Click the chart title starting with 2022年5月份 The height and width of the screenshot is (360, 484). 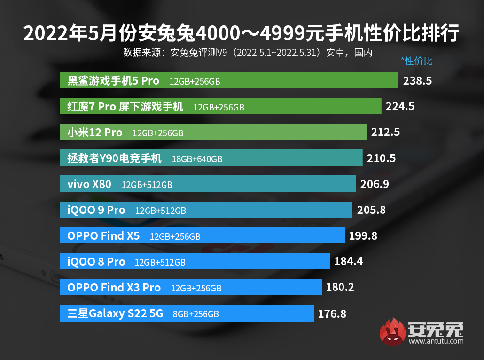[x=242, y=34]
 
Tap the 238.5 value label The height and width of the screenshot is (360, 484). [x=417, y=81]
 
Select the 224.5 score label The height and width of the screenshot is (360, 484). [x=400, y=107]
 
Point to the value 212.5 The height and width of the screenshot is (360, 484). [x=385, y=133]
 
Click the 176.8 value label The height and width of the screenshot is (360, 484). [x=332, y=313]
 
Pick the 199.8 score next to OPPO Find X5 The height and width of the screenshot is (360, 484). [x=363, y=236]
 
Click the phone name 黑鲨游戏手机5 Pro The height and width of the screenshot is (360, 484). [x=113, y=81]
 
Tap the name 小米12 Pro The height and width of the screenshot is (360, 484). [x=95, y=133]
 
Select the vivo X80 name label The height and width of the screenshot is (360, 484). [x=89, y=184]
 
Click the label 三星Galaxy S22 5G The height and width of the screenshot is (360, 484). [x=115, y=313]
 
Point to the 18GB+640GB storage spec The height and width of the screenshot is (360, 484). [x=197, y=159]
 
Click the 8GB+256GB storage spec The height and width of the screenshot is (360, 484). [x=196, y=314]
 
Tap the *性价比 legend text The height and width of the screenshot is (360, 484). [x=416, y=61]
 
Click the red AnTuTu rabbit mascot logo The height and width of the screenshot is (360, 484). [x=392, y=331]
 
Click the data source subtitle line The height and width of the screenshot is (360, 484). [x=248, y=52]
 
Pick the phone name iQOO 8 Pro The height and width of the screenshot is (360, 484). [x=96, y=262]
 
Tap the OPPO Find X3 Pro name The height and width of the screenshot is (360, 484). [x=114, y=288]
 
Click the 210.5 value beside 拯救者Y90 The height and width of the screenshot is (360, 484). [x=381, y=158]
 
